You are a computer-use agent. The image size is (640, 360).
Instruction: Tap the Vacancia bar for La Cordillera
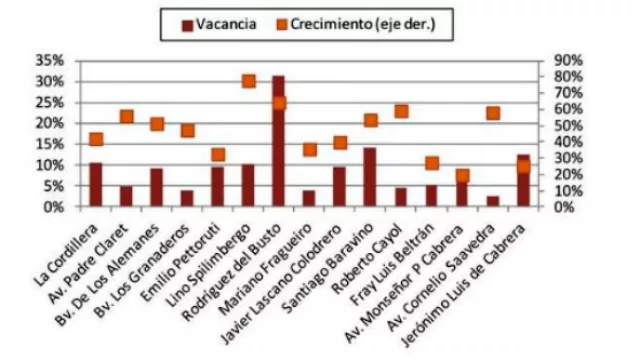point(96,185)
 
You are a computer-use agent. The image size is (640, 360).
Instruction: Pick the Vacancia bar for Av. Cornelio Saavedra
point(493,201)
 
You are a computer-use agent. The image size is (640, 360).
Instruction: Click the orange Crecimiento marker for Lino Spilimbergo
point(248,81)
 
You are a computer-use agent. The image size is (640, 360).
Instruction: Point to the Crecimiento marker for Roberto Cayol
point(401,111)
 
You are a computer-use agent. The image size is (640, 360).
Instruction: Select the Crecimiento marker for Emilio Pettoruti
point(218,154)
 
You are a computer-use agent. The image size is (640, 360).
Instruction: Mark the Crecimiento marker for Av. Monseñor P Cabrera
point(462,176)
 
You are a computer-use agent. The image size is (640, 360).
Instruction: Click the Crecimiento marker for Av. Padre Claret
point(126,117)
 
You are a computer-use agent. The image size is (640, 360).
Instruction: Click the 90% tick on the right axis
point(556,60)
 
